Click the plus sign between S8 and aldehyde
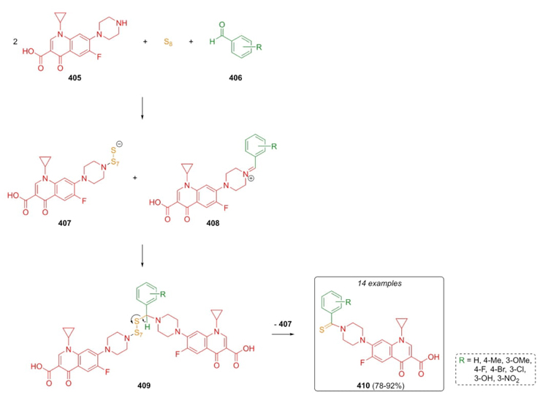point(193,42)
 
